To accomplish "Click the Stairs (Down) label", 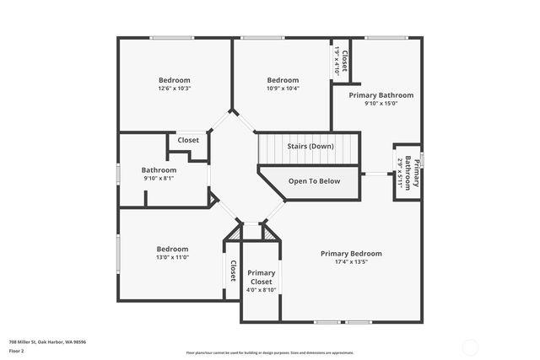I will point(310,147).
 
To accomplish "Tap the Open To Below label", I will point(314,181).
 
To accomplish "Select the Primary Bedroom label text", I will point(351,254).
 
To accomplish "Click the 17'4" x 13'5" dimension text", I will point(351,262).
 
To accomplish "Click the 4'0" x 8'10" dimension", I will point(262,290).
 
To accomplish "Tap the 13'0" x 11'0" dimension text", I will point(172,258).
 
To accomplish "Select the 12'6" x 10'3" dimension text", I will point(175,89).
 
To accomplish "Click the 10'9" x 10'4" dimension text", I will point(283,89).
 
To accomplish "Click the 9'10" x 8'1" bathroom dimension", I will point(159,178).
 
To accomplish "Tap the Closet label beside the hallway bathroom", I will point(188,140).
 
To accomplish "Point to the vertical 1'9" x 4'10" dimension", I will point(337,60).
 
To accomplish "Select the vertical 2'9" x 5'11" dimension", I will point(399,173).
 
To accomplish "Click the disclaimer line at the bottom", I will point(270,352).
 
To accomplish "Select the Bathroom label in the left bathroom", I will point(159,169).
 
